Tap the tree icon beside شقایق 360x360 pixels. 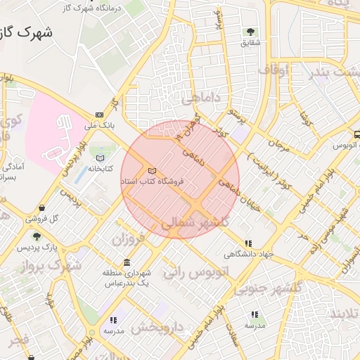(251, 32)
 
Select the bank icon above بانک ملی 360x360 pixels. (99, 115)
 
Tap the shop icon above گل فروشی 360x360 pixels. (44, 208)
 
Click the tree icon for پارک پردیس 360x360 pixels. (37, 236)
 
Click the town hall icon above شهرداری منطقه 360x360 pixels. (127, 262)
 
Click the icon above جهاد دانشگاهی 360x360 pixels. (248, 243)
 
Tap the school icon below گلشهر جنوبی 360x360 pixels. (254, 315)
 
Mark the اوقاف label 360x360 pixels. (274, 70)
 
